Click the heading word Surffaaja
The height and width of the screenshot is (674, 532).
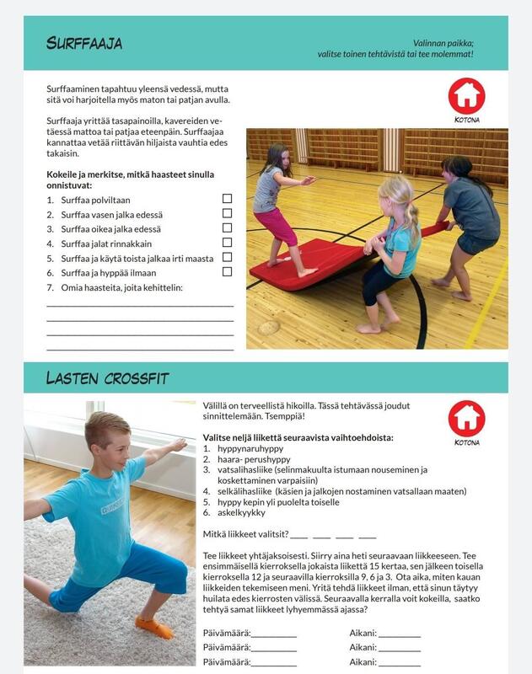83,43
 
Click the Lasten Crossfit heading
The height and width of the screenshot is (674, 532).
107,377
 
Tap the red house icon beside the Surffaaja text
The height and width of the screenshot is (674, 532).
466,96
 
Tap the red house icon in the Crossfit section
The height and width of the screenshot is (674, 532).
466,418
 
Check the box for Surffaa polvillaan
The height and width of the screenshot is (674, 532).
227,200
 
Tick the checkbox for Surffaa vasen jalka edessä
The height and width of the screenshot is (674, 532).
227,214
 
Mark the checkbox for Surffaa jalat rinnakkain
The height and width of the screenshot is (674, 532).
227,243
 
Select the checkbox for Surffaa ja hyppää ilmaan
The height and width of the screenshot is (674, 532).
227,272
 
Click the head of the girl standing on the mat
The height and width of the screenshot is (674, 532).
277,157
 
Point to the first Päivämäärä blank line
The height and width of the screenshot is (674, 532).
274,633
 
